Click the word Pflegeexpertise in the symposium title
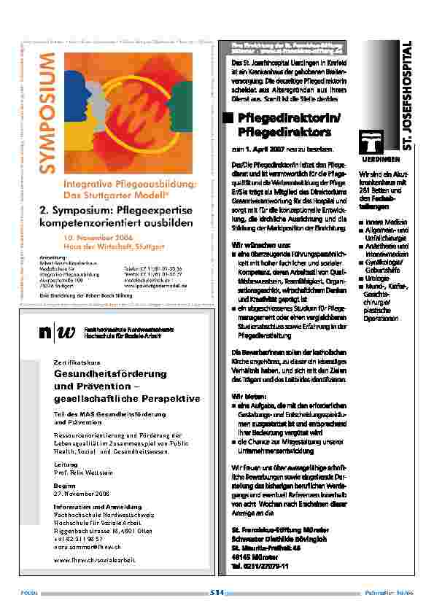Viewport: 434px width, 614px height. coord(150,210)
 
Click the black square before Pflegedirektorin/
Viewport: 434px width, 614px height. coord(228,118)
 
